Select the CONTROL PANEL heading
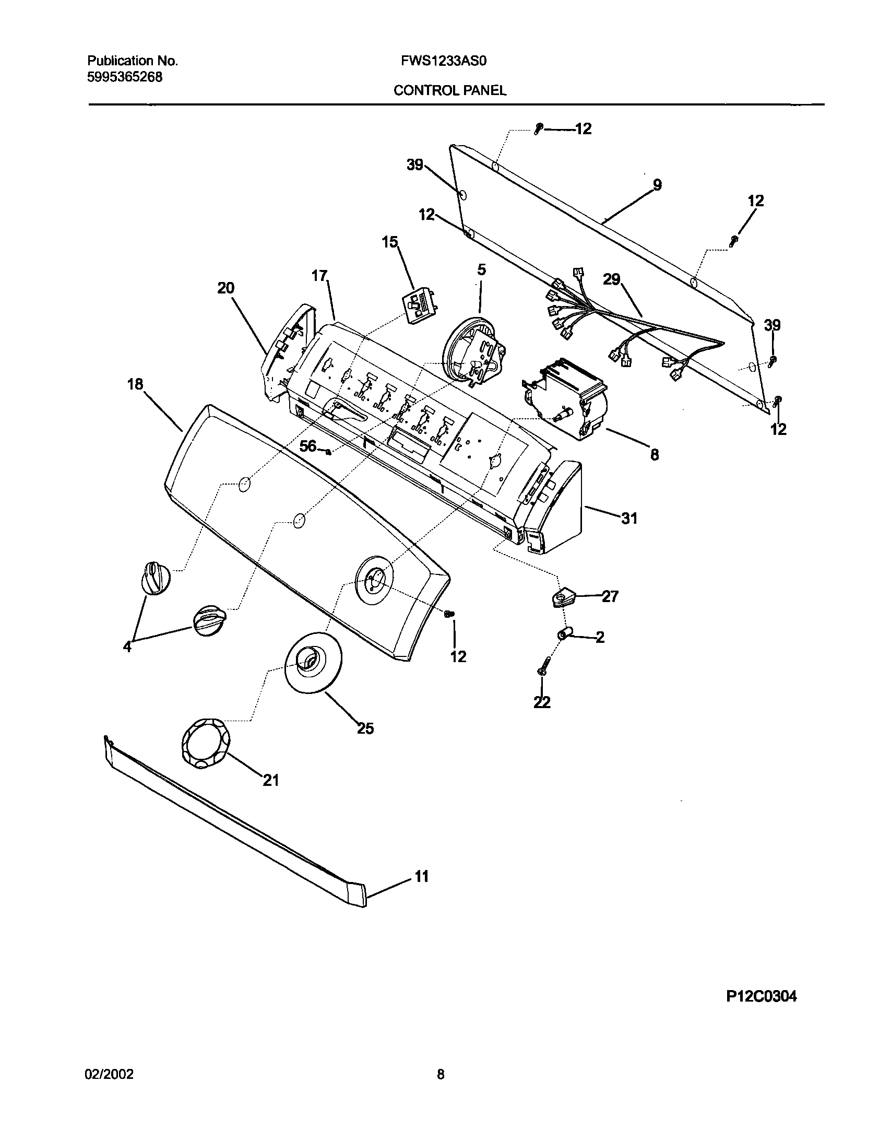click(x=450, y=91)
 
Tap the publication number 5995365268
click(x=125, y=77)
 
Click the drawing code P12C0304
click(x=761, y=997)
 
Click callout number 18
click(x=135, y=384)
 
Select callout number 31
click(x=629, y=518)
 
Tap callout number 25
click(x=365, y=728)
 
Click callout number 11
click(x=421, y=876)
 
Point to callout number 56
click(x=308, y=446)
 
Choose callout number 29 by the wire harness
click(x=612, y=279)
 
